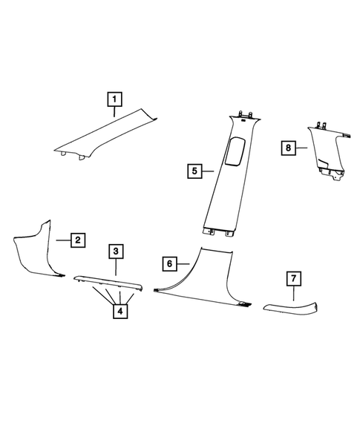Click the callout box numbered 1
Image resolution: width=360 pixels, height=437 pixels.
[114, 99]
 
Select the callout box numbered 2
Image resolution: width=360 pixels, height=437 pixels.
[78, 240]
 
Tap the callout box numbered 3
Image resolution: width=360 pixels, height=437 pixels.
[116, 252]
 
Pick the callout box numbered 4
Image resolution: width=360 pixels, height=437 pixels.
[120, 311]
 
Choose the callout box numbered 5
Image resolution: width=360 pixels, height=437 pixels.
[194, 171]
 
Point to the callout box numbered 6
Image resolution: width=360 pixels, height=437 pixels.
[169, 263]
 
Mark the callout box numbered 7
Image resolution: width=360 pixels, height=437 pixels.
[294, 278]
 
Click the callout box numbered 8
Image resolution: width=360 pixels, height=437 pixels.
[288, 148]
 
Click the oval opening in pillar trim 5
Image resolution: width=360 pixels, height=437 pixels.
[235, 151]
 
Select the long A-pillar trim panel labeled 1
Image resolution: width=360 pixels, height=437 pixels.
[106, 134]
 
